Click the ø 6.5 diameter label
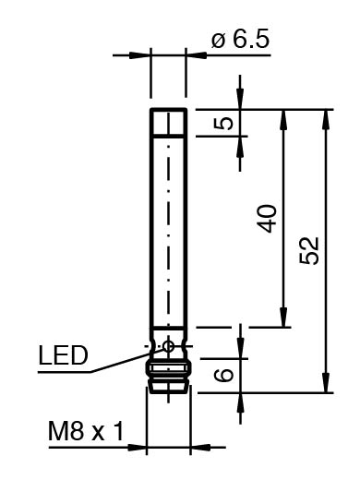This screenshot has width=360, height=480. click(x=240, y=40)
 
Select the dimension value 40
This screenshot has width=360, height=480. click(x=267, y=218)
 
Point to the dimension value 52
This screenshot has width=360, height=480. click(x=308, y=250)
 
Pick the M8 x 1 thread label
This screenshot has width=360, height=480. click(x=86, y=431)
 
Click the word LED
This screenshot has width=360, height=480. click(x=63, y=355)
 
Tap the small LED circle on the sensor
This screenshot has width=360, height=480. click(x=168, y=346)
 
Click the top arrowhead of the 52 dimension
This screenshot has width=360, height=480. click(x=326, y=119)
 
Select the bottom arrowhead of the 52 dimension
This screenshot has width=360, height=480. click(x=326, y=383)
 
